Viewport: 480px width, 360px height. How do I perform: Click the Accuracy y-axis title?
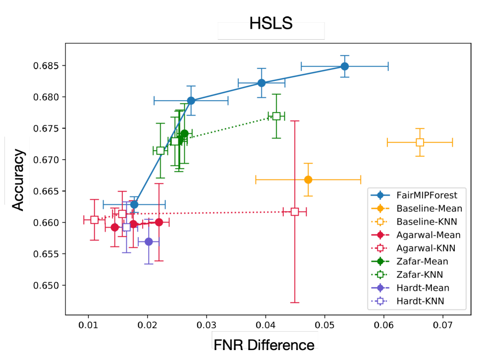tap(18, 171)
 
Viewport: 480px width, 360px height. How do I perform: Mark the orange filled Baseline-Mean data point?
tap(308, 180)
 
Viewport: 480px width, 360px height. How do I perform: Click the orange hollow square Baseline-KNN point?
tap(420, 142)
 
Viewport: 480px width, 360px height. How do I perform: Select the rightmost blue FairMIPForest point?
tap(345, 66)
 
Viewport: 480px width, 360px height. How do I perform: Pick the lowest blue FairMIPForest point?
tap(134, 204)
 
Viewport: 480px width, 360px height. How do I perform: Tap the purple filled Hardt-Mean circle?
tap(149, 241)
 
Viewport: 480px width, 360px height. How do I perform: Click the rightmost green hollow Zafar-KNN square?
tap(276, 116)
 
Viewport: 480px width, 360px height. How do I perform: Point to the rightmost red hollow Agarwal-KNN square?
tap(295, 212)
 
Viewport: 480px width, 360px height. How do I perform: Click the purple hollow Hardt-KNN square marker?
tap(126, 227)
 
